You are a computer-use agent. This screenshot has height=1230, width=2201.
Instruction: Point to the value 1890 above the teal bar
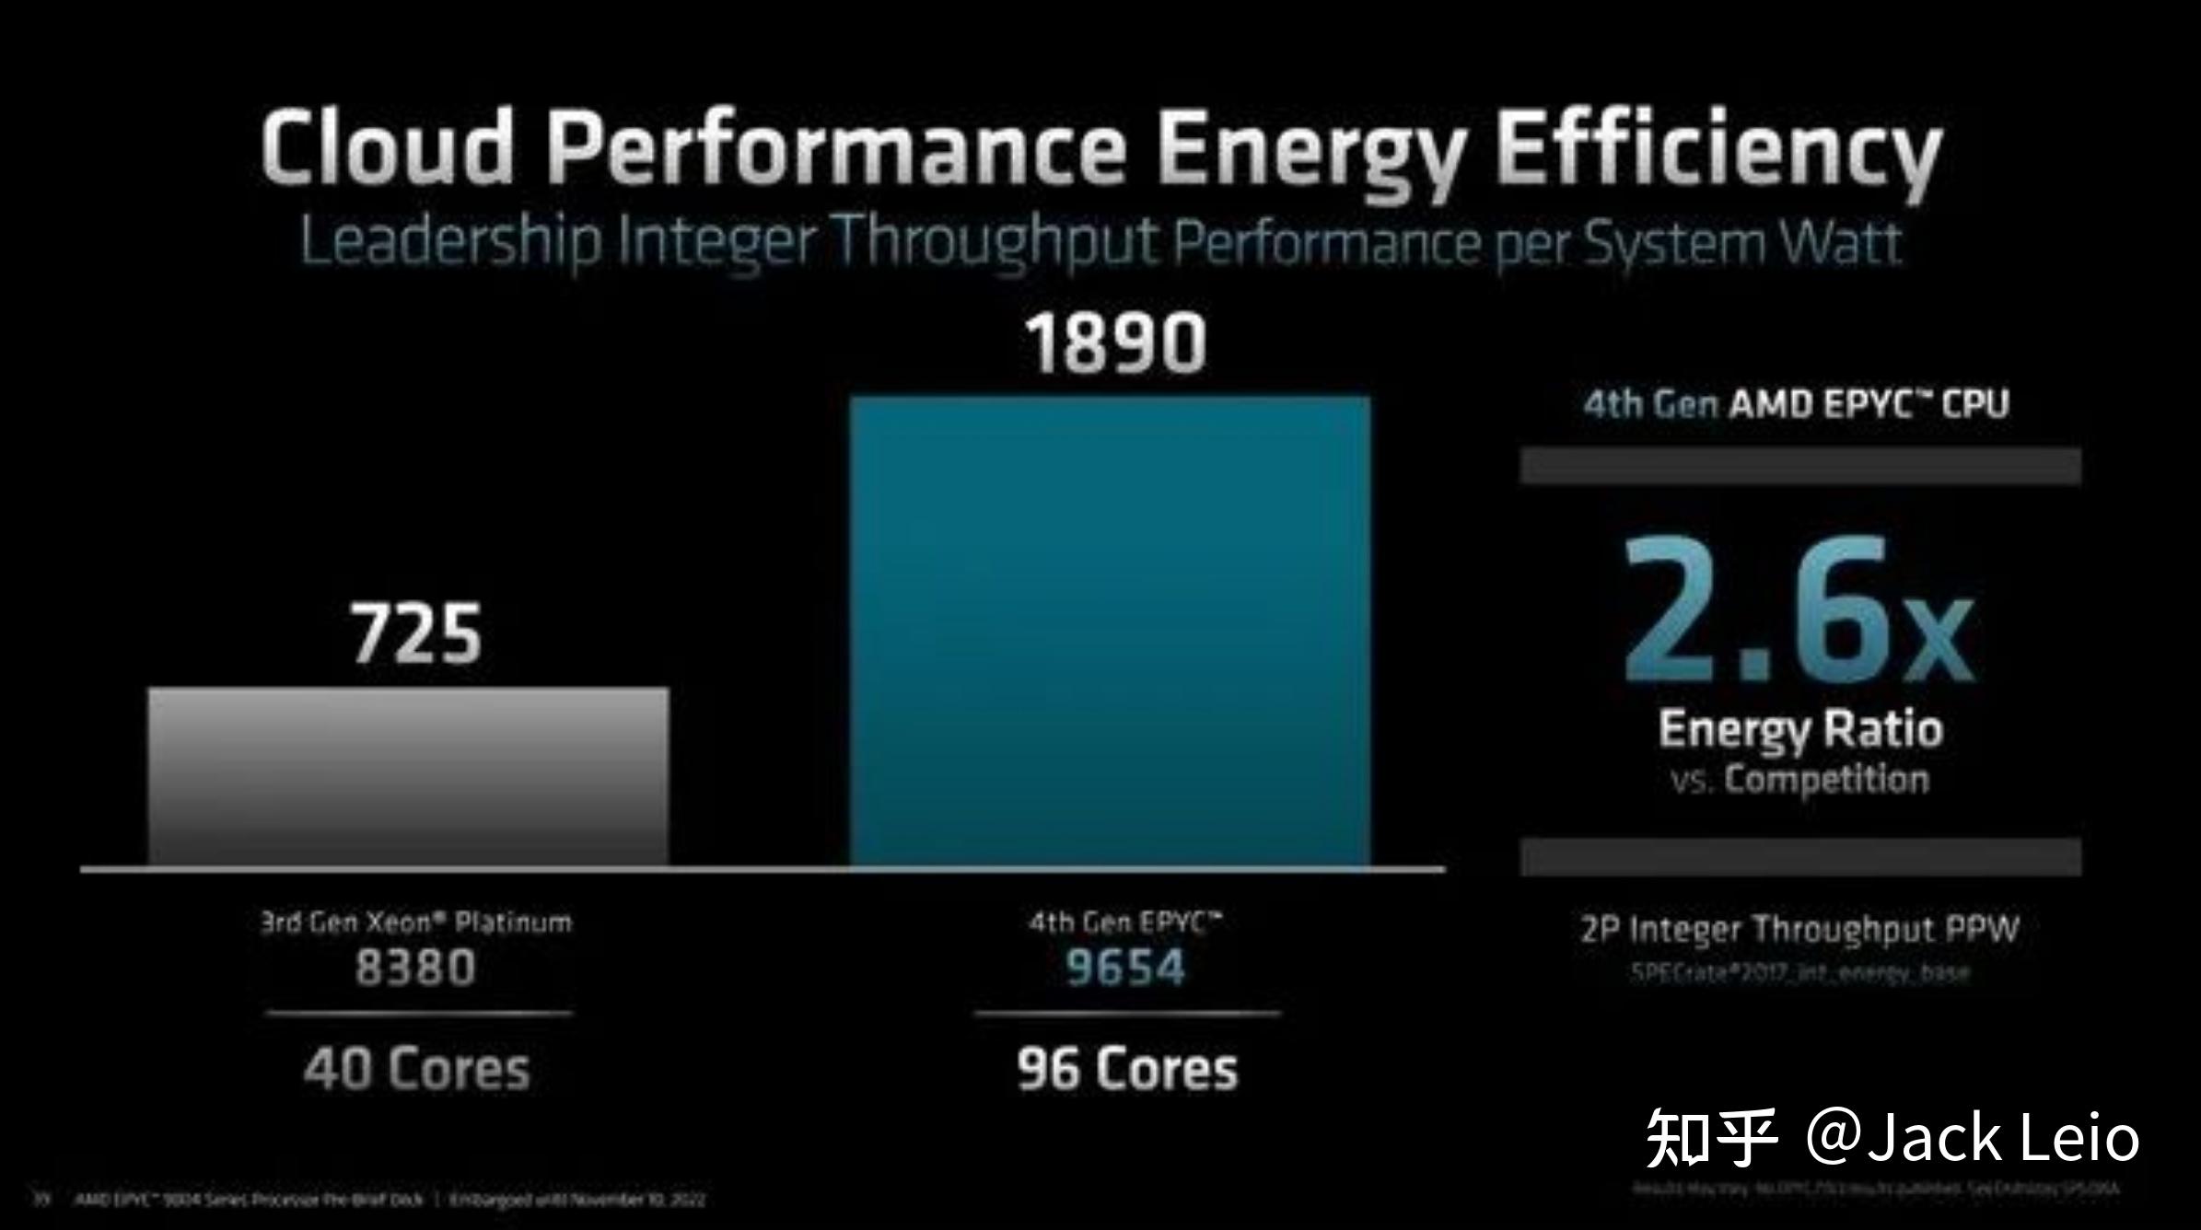click(x=1115, y=342)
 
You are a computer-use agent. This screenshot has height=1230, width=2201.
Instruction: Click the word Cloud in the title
click(x=386, y=147)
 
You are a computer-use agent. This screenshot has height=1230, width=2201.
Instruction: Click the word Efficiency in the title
click(x=1717, y=152)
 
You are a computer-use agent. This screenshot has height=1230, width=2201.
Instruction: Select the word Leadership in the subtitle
click(x=450, y=241)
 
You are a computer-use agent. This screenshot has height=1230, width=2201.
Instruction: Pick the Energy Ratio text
click(x=1800, y=729)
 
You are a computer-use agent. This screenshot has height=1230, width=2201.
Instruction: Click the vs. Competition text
click(x=1799, y=780)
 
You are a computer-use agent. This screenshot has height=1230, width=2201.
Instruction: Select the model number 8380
click(x=415, y=968)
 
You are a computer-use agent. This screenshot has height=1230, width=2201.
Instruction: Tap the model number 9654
click(x=1125, y=968)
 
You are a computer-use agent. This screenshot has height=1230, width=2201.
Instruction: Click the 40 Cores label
click(x=417, y=1069)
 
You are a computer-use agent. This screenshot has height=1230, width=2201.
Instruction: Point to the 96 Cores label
click(x=1127, y=1069)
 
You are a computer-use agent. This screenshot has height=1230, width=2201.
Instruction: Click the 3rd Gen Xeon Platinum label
click(x=415, y=922)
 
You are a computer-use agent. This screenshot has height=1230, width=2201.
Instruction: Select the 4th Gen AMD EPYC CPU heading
click(x=1796, y=404)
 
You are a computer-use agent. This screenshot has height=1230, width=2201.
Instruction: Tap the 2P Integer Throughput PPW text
click(x=1799, y=929)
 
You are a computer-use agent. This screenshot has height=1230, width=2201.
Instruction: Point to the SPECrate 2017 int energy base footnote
click(x=1799, y=973)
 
